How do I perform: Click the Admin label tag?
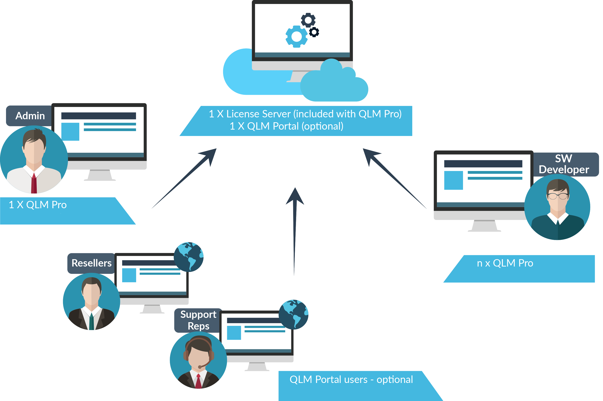coord(30,116)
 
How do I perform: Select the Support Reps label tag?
coord(198,320)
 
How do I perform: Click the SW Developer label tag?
coord(564,164)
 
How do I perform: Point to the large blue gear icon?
coord(296,36)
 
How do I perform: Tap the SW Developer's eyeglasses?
coord(558,196)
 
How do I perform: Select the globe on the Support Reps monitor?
coord(293,314)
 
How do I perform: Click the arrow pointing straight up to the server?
coord(295,230)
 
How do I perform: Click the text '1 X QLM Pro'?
coord(38,205)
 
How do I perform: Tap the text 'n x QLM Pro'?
coord(505,263)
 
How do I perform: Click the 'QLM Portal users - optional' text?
coord(351,380)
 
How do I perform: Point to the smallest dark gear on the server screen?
coord(314,32)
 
